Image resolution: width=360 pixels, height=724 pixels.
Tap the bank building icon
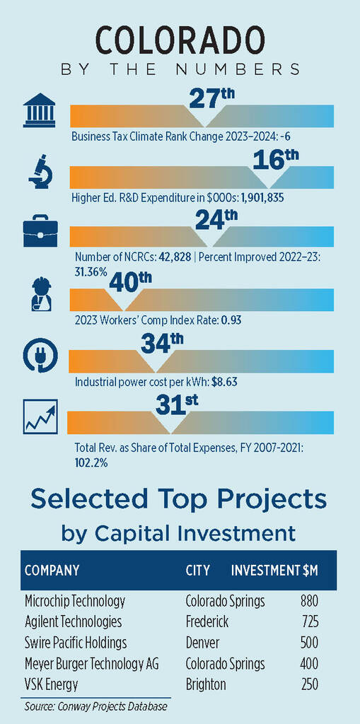coord(40,110)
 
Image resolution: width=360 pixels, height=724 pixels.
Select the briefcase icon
coord(40,231)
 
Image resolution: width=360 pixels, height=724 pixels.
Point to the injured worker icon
coord(40,293)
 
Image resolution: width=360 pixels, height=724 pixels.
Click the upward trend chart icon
coord(40,416)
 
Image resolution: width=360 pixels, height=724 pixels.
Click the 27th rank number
coord(212,100)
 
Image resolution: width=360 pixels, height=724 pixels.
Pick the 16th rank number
coord(276,161)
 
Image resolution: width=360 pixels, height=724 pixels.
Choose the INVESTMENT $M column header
coord(274,571)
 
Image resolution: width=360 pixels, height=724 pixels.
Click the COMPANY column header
coord(52,571)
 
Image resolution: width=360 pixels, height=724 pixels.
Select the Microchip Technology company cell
coord(75,601)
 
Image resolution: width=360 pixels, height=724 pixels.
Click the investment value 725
coord(309,622)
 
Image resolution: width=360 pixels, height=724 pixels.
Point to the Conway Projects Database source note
coord(95,706)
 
